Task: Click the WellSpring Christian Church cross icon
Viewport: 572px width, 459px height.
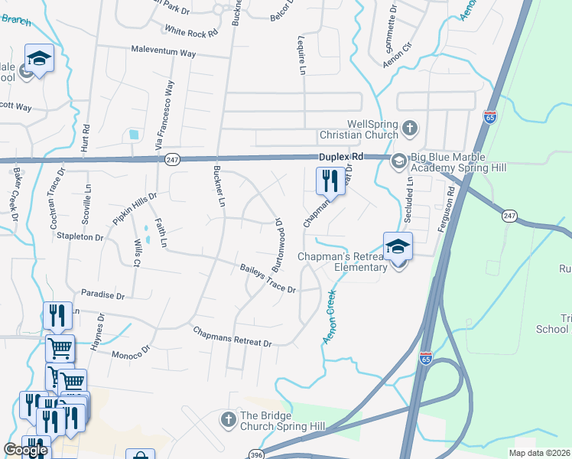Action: pos(410,128)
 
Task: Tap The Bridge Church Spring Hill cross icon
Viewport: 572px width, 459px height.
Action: pos(228,419)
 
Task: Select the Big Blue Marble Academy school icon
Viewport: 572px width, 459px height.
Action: pos(398,161)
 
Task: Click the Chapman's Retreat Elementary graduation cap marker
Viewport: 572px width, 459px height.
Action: pos(398,247)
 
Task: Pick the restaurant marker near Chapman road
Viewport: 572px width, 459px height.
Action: pos(330,181)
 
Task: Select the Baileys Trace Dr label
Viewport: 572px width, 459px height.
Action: pos(268,278)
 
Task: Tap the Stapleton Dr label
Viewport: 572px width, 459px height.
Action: pos(80,238)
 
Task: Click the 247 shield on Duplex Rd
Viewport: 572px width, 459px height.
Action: pos(171,158)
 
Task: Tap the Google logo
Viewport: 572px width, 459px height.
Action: pos(25,450)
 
